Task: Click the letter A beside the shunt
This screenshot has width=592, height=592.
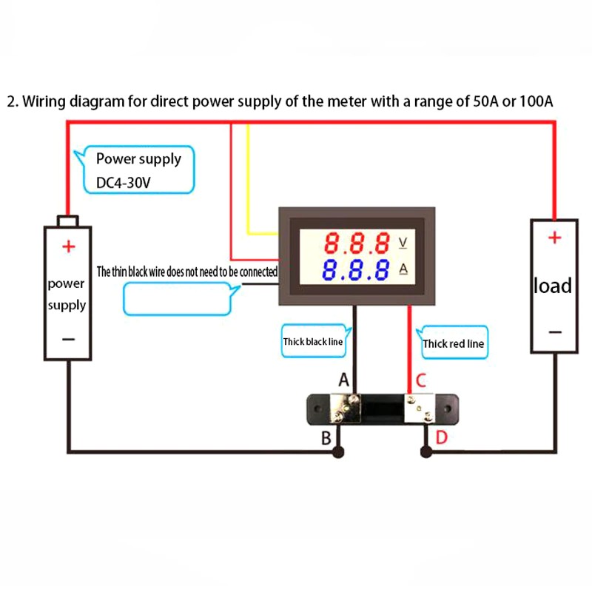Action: coord(343,380)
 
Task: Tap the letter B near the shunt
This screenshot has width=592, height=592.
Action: coord(326,437)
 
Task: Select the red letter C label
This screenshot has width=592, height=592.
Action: coord(420,381)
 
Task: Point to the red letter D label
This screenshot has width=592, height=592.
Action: coord(441,437)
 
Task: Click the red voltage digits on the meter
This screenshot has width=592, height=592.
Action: coord(358,243)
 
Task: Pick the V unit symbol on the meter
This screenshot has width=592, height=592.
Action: coord(403,243)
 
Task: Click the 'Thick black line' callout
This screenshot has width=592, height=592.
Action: coord(313,341)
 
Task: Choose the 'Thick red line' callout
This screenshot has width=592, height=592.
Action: coord(454,343)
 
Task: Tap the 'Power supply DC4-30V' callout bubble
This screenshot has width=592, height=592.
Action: coord(138,171)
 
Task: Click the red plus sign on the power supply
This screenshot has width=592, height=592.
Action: coord(68,246)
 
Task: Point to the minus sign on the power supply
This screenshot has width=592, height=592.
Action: coord(68,339)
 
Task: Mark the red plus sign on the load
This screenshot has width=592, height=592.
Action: coord(554,238)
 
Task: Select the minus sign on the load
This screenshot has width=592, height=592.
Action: coord(554,332)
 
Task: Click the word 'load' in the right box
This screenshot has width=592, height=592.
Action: coord(553,285)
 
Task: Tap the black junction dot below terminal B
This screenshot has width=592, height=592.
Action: coord(338,451)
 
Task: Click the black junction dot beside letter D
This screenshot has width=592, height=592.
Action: coord(425,451)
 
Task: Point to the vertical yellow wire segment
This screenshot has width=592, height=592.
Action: coord(248,178)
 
